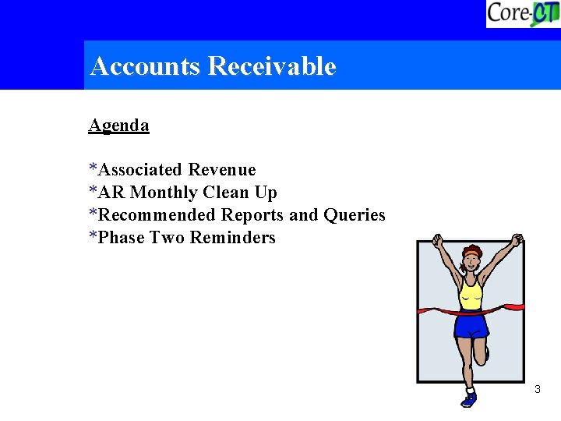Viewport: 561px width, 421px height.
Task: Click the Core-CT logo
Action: click(x=522, y=14)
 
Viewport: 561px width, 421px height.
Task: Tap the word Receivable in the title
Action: click(x=272, y=66)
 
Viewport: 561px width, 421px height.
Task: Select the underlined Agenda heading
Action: click(x=118, y=125)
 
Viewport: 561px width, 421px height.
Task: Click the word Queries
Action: click(x=355, y=215)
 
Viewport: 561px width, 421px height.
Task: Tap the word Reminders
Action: click(x=233, y=238)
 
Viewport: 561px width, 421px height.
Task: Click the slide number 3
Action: click(x=538, y=388)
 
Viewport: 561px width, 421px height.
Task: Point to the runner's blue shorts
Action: click(x=471, y=324)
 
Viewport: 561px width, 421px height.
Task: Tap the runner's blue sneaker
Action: click(x=468, y=399)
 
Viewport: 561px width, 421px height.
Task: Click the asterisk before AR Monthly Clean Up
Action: click(x=93, y=190)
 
